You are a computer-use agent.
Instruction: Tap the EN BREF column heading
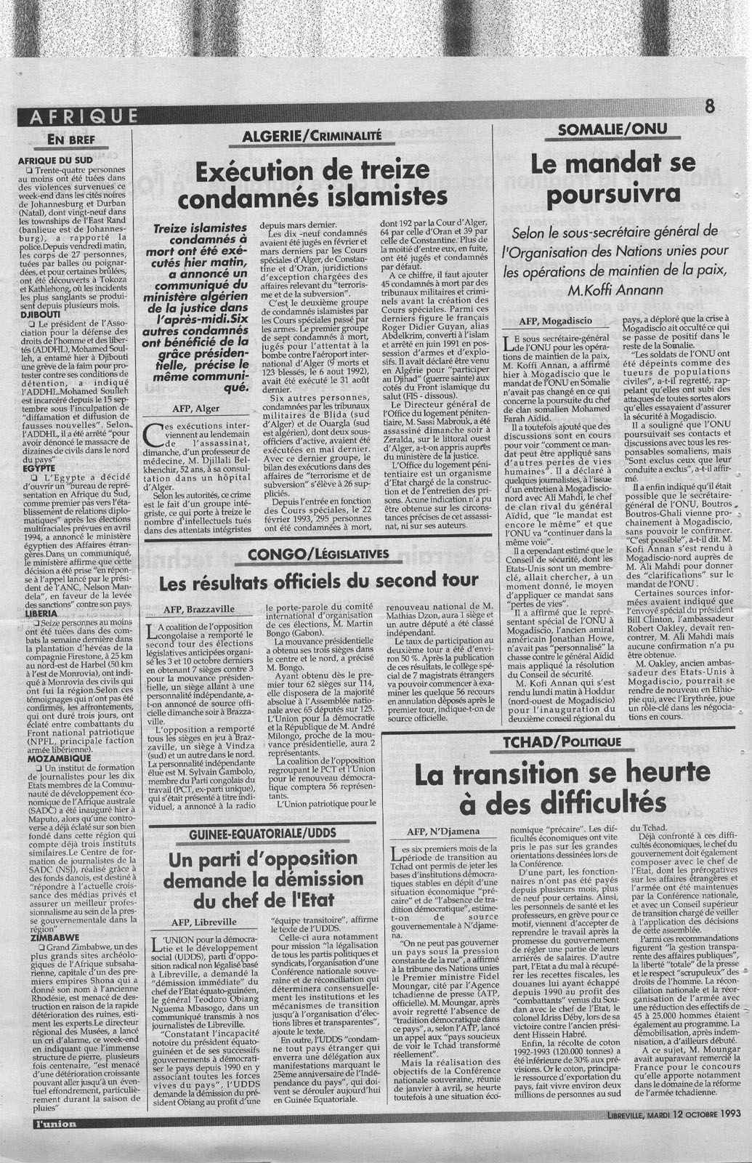[x=72, y=138]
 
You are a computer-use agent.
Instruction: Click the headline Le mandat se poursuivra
[x=613, y=178]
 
